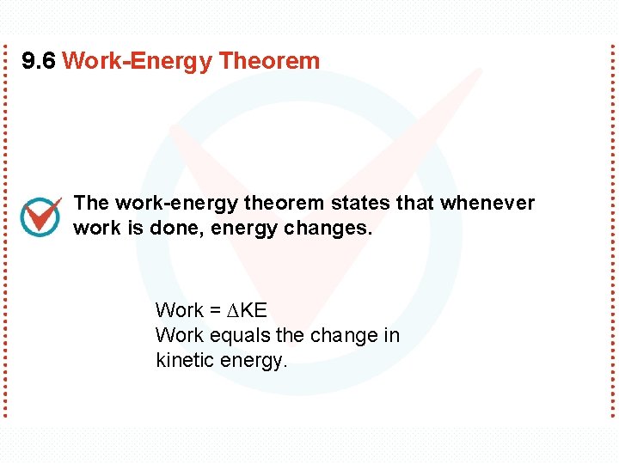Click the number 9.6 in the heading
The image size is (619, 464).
pos(39,61)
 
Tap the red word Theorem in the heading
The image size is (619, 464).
pos(269,61)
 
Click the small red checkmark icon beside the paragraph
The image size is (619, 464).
pos(40,217)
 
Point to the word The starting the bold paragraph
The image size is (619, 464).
pos(91,204)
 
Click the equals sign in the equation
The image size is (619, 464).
pos(215,310)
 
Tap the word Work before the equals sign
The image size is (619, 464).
pos(179,310)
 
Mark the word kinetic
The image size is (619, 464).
pos(185,361)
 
